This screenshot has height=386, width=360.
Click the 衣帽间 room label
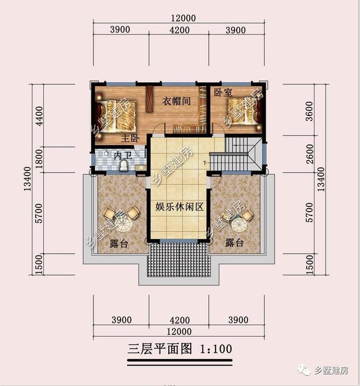coord(175,101)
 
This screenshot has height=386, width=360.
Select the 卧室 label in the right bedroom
coord(222,92)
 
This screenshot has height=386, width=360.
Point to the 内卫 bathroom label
coord(123,155)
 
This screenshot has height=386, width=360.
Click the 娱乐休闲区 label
coord(179,207)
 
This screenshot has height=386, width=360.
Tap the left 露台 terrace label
coord(118,243)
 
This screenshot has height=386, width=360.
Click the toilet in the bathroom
coord(124,165)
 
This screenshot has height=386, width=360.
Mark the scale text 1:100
coord(215,349)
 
